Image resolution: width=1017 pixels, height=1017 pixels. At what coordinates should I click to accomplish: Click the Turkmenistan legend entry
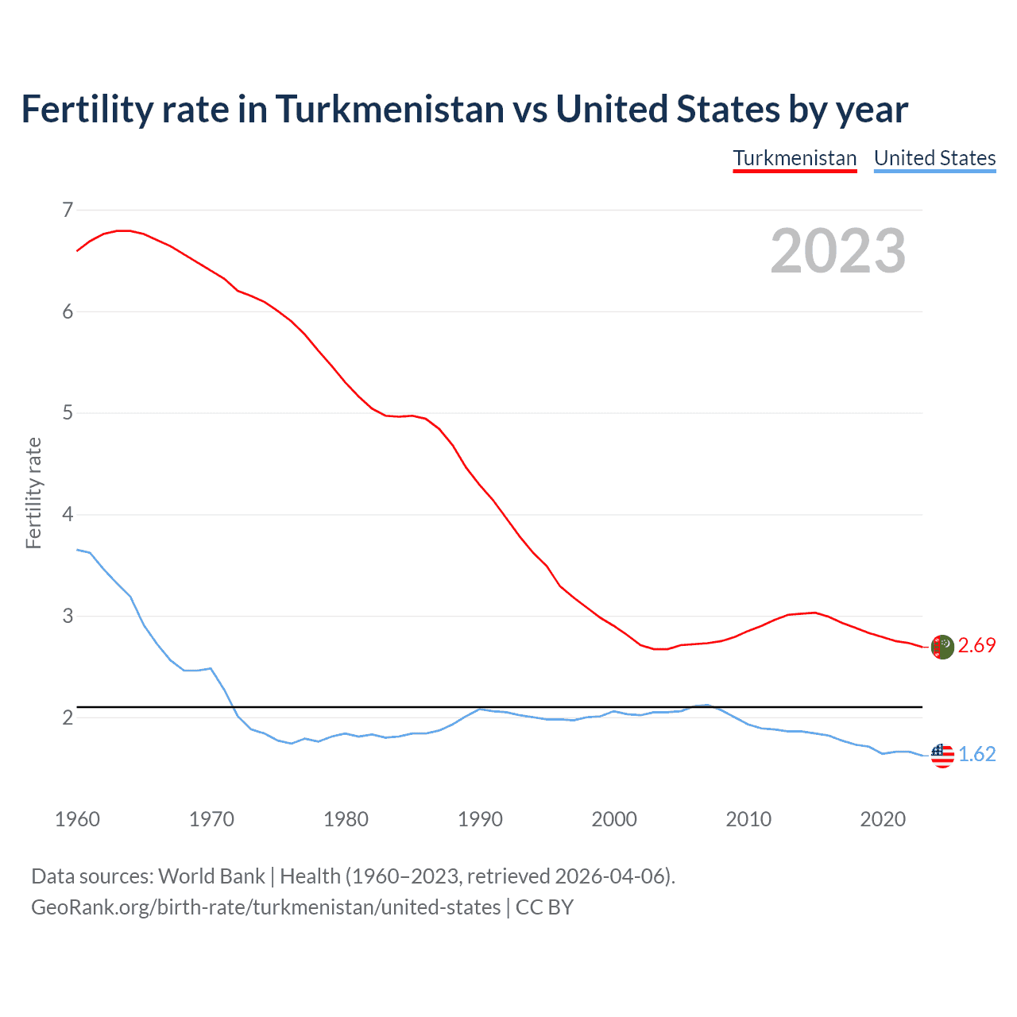(x=795, y=158)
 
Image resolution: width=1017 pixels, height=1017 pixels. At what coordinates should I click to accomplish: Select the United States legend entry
(x=934, y=158)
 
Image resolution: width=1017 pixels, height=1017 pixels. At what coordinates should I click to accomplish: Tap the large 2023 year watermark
(x=837, y=251)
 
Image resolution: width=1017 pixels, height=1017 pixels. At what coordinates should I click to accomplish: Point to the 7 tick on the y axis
(x=68, y=210)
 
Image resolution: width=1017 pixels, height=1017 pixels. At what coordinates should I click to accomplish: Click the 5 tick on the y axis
(x=68, y=413)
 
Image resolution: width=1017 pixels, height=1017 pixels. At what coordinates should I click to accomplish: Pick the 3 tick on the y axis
(x=68, y=616)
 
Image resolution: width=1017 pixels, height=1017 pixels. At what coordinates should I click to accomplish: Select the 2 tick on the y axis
(x=68, y=717)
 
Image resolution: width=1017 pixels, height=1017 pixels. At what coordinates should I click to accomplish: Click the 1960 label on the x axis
(x=77, y=819)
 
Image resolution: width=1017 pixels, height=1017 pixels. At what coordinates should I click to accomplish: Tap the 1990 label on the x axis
(x=480, y=819)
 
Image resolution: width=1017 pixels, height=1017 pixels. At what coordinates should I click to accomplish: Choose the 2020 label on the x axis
(x=883, y=819)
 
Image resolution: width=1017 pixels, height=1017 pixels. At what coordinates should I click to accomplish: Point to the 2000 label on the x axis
(x=614, y=819)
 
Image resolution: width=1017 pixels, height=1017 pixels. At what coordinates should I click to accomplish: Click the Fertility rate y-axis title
(x=33, y=493)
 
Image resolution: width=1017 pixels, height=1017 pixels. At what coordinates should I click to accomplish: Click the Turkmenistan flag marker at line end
(x=942, y=647)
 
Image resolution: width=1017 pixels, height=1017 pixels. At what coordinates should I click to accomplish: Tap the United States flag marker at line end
(x=942, y=756)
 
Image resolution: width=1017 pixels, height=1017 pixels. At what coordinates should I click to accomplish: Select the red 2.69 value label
(x=976, y=646)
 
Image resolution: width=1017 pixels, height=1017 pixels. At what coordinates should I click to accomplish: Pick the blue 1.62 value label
(x=976, y=755)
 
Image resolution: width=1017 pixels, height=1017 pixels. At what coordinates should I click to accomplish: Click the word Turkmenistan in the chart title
(x=389, y=109)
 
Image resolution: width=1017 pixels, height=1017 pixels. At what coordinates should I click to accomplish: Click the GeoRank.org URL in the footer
(x=265, y=907)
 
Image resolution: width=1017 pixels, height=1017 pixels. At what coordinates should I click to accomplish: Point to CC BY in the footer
(x=544, y=907)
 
